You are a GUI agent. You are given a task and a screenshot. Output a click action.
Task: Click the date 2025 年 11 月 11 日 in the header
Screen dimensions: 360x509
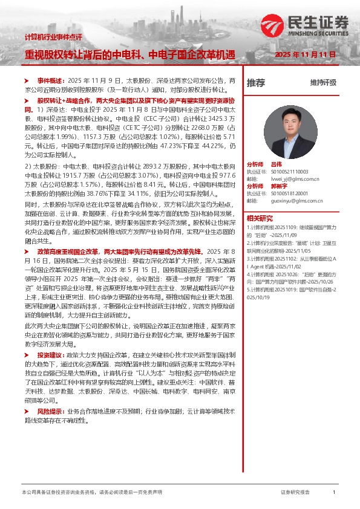[305, 54]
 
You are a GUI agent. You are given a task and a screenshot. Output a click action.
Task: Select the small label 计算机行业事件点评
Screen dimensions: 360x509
[53, 37]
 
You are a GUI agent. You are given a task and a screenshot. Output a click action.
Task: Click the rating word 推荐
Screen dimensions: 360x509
[255, 82]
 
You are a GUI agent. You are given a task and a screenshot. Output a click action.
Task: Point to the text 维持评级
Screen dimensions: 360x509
[323, 82]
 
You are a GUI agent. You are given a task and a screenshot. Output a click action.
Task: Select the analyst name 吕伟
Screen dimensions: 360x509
[277, 164]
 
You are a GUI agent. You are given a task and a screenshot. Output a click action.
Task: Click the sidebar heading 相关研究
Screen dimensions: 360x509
[260, 218]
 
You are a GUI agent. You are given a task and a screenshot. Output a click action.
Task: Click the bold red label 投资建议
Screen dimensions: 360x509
[50, 355]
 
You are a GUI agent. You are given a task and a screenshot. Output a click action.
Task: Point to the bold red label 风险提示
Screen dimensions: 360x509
[50, 394]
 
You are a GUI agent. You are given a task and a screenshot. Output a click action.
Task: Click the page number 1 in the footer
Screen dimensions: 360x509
[334, 493]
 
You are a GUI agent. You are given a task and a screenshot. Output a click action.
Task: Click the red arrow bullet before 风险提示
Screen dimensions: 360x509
[26, 394]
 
